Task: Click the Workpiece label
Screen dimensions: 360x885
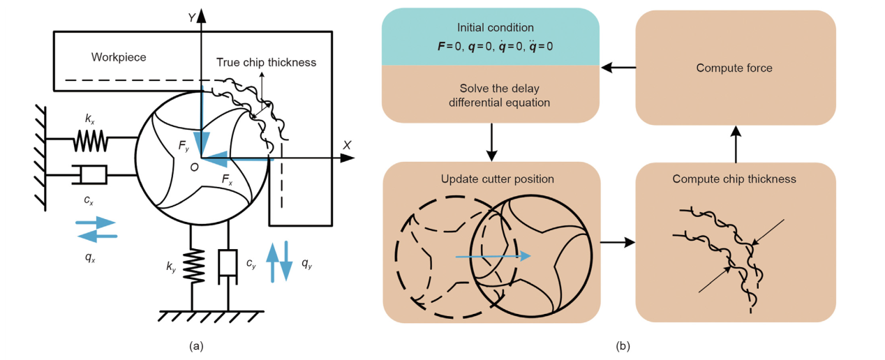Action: point(119,57)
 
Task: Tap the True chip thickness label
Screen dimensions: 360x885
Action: point(266,63)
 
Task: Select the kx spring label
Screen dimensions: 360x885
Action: point(90,119)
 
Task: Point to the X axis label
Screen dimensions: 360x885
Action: point(346,145)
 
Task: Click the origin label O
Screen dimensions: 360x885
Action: point(194,168)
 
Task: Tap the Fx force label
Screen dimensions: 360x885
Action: point(227,179)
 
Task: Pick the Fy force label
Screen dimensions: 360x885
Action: point(182,147)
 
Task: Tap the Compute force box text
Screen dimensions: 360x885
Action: point(734,68)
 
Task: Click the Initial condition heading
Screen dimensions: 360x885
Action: point(495,28)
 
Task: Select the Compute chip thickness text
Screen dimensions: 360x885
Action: point(734,179)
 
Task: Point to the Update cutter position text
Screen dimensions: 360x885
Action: point(497,179)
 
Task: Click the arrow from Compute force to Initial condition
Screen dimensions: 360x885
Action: point(618,68)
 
